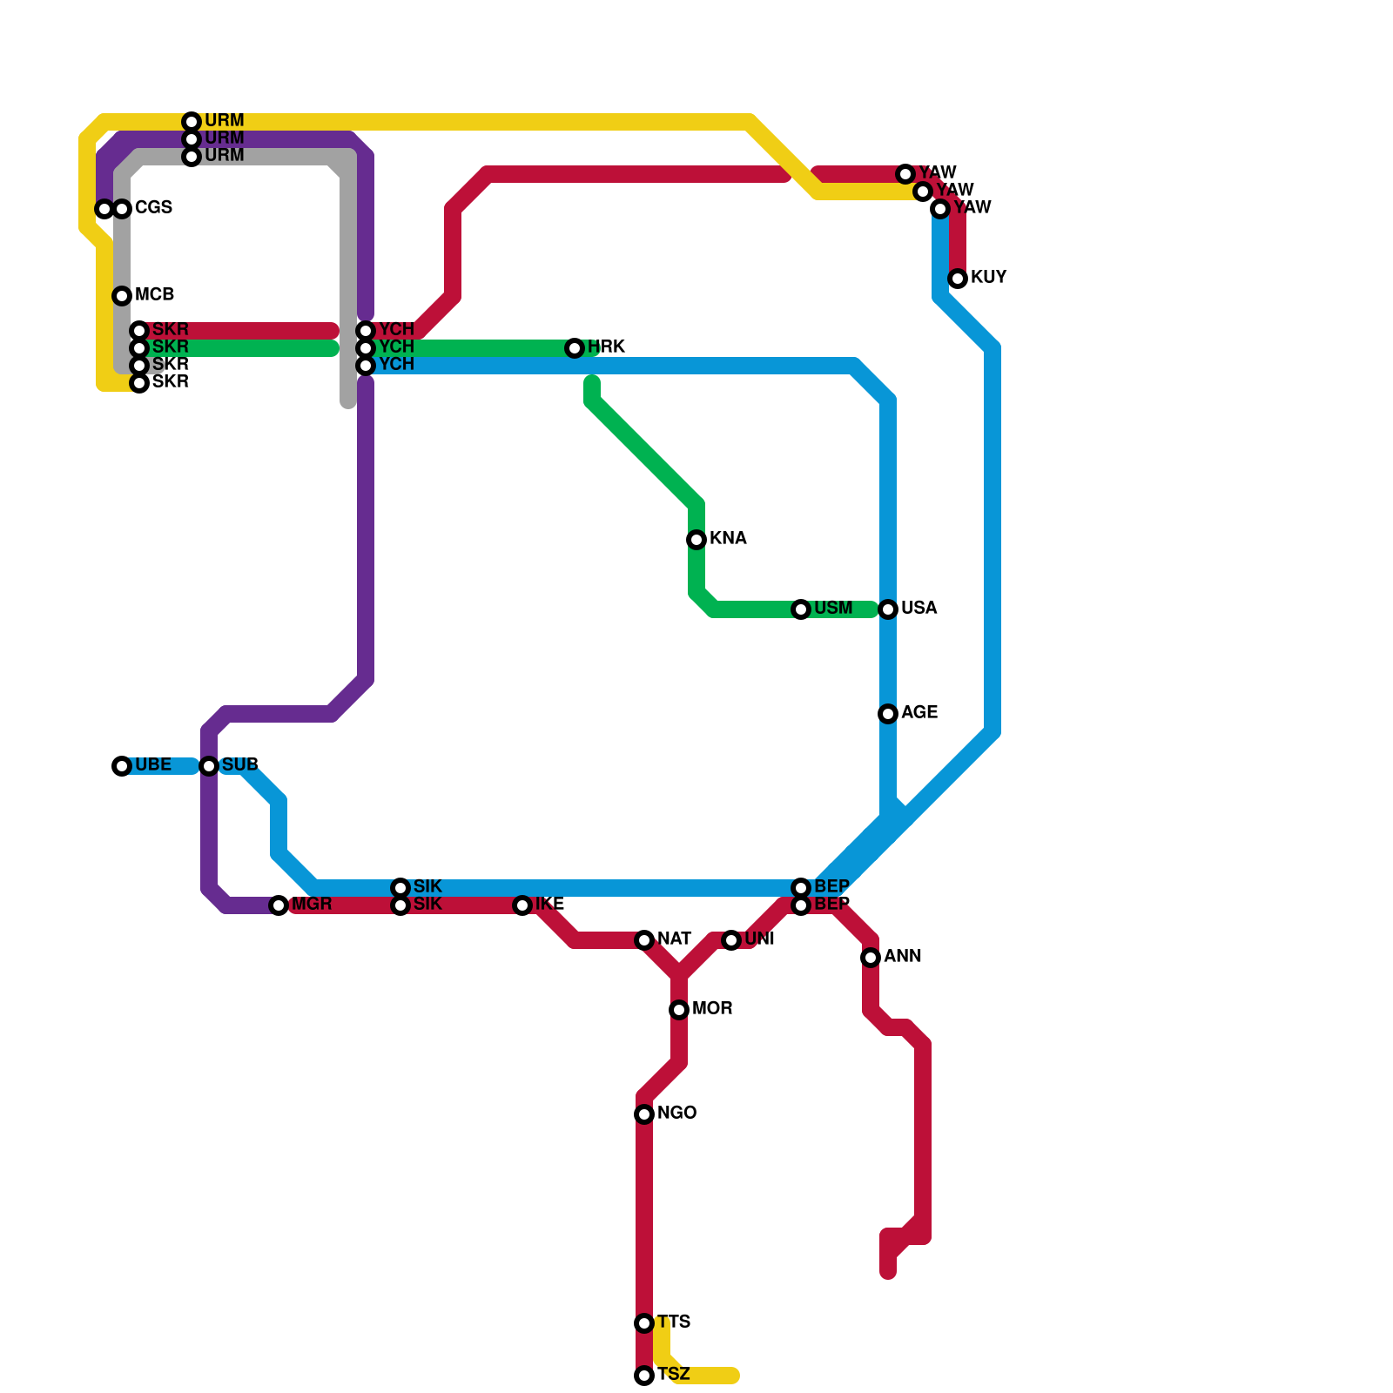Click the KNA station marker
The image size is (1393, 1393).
(696, 540)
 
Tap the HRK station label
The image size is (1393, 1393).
(606, 347)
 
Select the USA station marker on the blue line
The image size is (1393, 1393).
(888, 609)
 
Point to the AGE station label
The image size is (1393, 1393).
(919, 713)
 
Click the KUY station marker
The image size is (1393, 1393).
(958, 279)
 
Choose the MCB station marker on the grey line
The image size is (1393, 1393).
(122, 296)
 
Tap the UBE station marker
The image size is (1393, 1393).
(122, 766)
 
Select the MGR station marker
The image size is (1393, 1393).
(279, 905)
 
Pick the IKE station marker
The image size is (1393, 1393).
(522, 905)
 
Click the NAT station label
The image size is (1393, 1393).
(675, 939)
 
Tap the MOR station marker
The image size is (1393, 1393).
(679, 1010)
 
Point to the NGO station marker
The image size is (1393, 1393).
(644, 1114)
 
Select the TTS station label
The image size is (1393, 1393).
(674, 1322)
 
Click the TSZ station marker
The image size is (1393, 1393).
(644, 1376)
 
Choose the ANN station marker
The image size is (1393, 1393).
(871, 958)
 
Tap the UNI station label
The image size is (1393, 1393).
(760, 939)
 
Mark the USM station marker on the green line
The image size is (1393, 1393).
(801, 609)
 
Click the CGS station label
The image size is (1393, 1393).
(153, 208)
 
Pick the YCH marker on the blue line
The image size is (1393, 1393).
(366, 366)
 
